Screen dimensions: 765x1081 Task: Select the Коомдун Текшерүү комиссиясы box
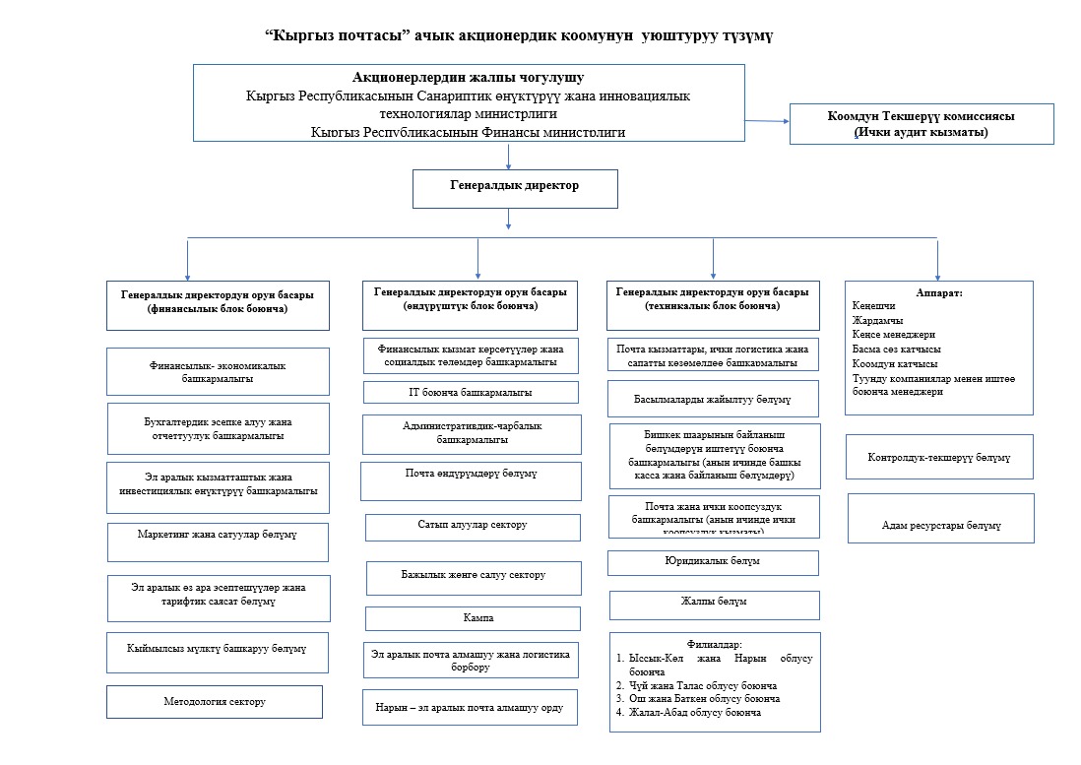point(922,124)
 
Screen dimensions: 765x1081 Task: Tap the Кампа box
point(473,618)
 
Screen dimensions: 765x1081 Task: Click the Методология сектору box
point(215,702)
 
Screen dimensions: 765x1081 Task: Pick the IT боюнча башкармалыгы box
point(471,392)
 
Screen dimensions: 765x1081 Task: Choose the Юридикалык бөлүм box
point(713,562)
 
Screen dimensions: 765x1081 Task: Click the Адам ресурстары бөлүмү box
point(940,525)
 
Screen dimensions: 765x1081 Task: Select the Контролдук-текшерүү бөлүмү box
point(939,458)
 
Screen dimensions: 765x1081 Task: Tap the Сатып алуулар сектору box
point(473,526)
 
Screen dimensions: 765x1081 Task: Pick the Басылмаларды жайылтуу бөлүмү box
point(713,399)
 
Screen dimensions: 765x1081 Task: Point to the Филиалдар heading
point(715,644)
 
